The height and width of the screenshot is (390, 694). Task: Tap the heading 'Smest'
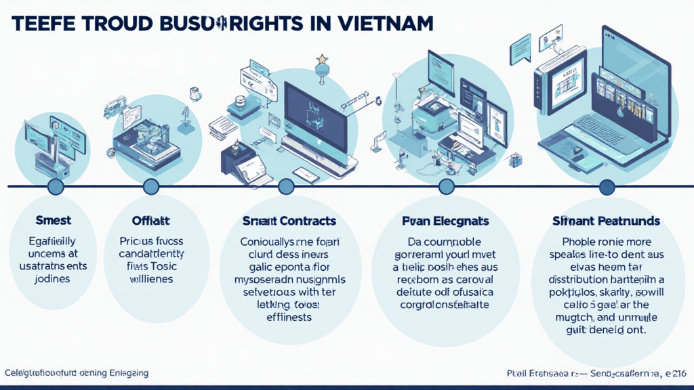(53, 221)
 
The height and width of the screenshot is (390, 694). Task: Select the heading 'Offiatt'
(150, 221)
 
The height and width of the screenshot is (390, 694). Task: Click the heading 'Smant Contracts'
(289, 221)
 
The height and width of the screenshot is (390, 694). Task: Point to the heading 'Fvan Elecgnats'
(445, 221)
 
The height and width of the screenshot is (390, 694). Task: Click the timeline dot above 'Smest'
(56, 186)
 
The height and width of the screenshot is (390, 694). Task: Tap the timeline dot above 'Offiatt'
(150, 186)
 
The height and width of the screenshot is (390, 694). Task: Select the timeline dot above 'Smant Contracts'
(286, 186)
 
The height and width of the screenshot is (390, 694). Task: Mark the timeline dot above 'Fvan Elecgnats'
(446, 186)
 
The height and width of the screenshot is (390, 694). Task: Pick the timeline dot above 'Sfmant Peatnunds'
(607, 186)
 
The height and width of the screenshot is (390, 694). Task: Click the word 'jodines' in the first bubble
(53, 279)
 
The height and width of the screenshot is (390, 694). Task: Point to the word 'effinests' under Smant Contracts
(289, 317)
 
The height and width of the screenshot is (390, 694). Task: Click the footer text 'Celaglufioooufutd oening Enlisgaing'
(77, 373)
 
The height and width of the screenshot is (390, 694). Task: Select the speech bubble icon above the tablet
(520, 49)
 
